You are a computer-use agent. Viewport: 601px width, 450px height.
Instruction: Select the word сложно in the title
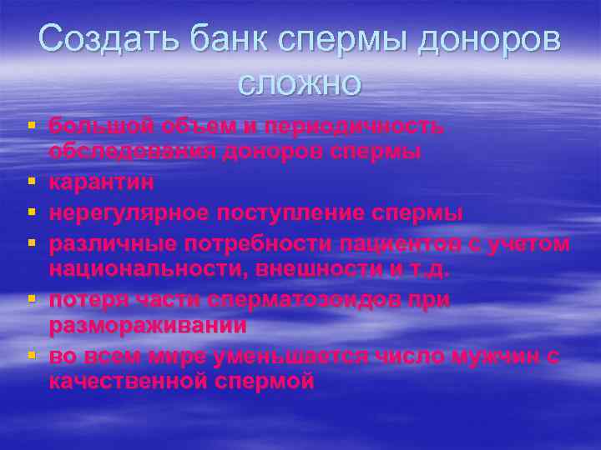pyautogui.click(x=300, y=82)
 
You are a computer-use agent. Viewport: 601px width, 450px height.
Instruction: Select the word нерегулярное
pyautogui.click(x=129, y=212)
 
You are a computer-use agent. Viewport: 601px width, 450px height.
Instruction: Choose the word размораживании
pyautogui.click(x=147, y=326)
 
